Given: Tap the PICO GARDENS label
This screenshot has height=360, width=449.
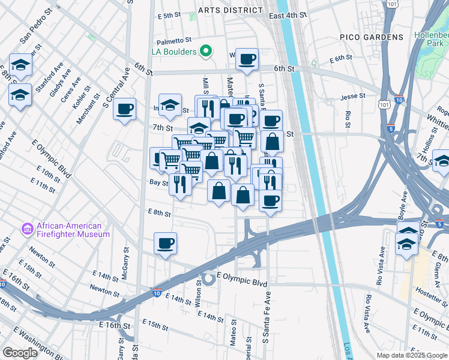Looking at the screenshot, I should (x=375, y=37).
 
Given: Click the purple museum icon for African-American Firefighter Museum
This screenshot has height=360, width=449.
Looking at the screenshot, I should (x=26, y=229).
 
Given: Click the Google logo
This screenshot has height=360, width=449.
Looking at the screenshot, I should (x=20, y=353).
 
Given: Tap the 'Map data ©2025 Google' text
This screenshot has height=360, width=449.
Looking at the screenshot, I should (x=411, y=355).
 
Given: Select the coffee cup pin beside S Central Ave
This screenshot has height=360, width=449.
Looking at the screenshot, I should (x=124, y=109).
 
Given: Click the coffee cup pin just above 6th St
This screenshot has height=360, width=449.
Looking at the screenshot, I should (x=247, y=59).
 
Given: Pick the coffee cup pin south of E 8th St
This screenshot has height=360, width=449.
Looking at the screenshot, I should (x=165, y=243).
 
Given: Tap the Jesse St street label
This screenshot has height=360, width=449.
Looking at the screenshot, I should (x=352, y=96).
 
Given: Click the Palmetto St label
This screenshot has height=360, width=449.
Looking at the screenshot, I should (x=173, y=41).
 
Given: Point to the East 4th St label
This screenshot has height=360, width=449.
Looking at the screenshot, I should (x=288, y=14).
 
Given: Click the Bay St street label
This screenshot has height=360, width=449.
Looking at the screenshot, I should (x=157, y=182).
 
